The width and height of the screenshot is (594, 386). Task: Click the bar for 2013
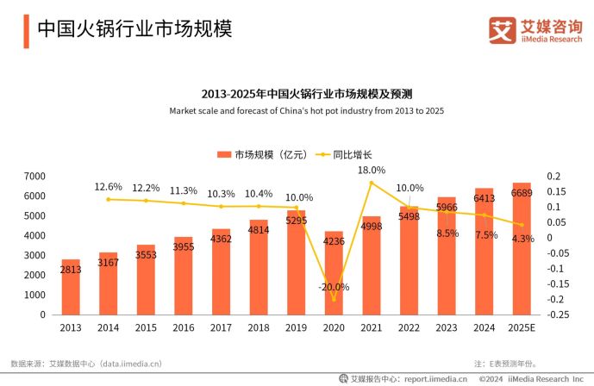(x=71, y=287)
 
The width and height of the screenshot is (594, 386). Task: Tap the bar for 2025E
(x=522, y=249)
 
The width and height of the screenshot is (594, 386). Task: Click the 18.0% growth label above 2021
(x=372, y=171)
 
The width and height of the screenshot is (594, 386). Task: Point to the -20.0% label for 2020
(x=334, y=287)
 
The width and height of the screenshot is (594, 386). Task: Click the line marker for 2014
(x=109, y=199)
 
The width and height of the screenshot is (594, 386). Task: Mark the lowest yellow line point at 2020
(x=334, y=299)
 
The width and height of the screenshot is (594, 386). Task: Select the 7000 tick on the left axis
(x=34, y=176)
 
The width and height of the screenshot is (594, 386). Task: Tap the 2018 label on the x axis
(x=259, y=328)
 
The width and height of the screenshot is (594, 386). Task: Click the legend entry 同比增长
(x=346, y=155)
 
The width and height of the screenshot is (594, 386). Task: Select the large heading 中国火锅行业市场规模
(x=134, y=29)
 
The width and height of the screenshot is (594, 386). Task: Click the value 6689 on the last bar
(x=522, y=193)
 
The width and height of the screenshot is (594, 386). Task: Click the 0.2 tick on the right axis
(x=553, y=176)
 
